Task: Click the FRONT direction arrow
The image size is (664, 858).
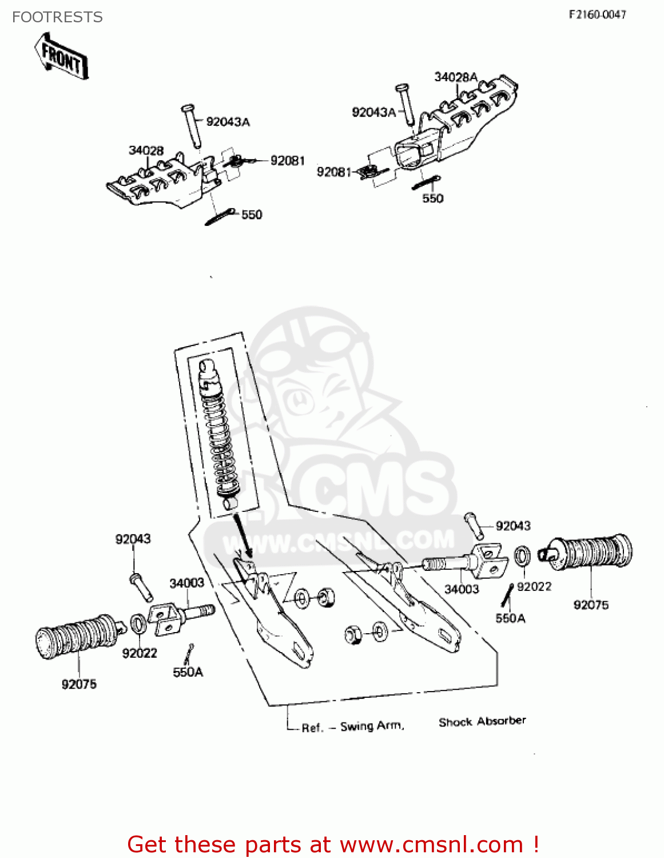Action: point(61,56)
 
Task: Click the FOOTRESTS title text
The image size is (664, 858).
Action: point(57,17)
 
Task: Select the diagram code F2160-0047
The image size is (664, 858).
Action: point(597,14)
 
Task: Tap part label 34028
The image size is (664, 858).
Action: point(146,150)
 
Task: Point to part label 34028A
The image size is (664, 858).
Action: point(455,77)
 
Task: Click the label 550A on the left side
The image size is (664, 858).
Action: point(188,672)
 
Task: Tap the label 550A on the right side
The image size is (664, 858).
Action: point(510,618)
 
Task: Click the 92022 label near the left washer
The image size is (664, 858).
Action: point(140,653)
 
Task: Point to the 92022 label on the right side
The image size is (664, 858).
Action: point(534,586)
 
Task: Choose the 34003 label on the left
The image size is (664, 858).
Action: point(186,583)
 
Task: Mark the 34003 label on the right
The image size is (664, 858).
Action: point(462,589)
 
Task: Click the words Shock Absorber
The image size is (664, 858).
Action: point(482,721)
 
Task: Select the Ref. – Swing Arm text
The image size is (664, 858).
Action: point(353,726)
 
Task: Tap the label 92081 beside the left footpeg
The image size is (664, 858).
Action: point(287,161)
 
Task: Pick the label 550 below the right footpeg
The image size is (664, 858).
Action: point(432,198)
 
